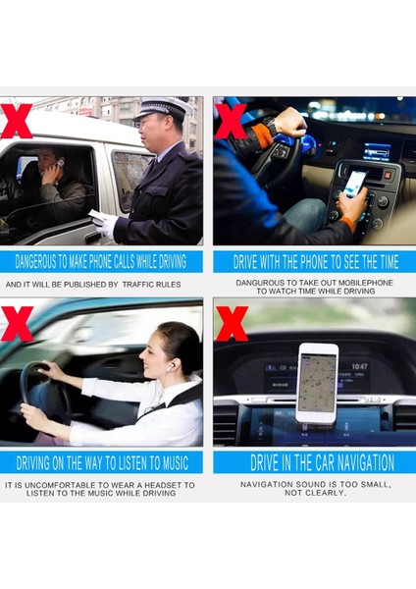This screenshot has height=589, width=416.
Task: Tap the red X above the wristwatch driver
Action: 229,120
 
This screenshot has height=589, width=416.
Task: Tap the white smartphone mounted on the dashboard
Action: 317,381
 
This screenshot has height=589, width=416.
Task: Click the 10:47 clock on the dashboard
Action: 359,365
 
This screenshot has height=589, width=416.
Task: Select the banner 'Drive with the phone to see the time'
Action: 314,262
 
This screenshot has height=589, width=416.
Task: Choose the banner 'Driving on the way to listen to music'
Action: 102,461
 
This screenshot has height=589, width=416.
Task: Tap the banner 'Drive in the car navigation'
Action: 314,461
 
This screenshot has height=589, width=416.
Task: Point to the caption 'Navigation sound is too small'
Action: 314,488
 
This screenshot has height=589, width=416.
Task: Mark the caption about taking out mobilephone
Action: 314,286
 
